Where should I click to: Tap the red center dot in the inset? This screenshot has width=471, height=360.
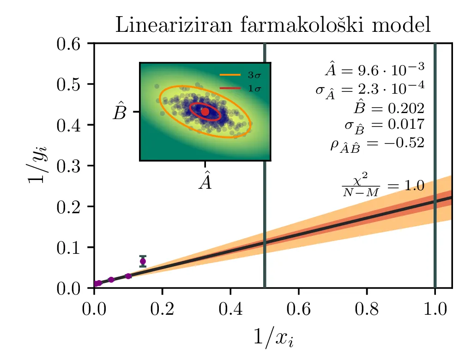tap(205, 111)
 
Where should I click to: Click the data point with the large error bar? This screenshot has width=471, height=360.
tap(143, 261)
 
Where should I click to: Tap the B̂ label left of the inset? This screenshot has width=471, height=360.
tap(120, 112)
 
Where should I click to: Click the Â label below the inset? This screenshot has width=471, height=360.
tap(205, 181)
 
